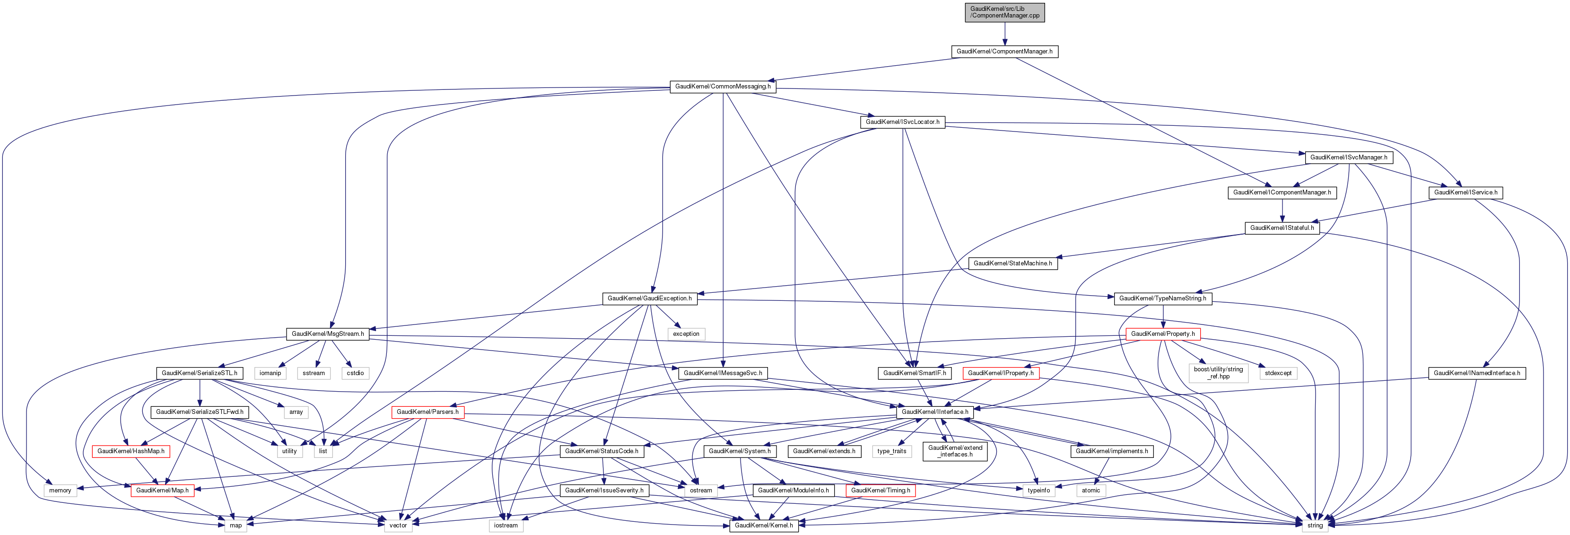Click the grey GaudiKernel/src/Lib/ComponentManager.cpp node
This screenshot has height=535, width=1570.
coord(1004,12)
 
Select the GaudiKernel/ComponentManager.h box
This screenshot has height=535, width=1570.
coord(1004,51)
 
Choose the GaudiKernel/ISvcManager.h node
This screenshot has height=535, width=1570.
coord(1348,157)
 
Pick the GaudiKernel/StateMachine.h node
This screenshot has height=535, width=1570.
coord(1012,263)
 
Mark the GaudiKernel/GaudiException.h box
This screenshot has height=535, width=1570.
coord(649,298)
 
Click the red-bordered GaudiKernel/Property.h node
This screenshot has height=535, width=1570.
coord(1162,334)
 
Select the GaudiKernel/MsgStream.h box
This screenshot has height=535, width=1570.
coord(327,334)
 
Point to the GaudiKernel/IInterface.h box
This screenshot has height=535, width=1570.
coord(934,412)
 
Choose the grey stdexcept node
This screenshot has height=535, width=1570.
coord(1277,373)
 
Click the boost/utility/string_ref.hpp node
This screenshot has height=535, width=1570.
coord(1218,373)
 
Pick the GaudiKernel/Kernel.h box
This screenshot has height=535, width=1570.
coord(764,525)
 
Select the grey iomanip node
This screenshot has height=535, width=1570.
coord(270,373)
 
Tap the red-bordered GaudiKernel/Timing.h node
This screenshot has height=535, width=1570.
coord(880,490)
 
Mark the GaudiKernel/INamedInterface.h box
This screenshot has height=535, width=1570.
coord(1476,373)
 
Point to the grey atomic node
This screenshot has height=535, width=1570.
coord(1090,490)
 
